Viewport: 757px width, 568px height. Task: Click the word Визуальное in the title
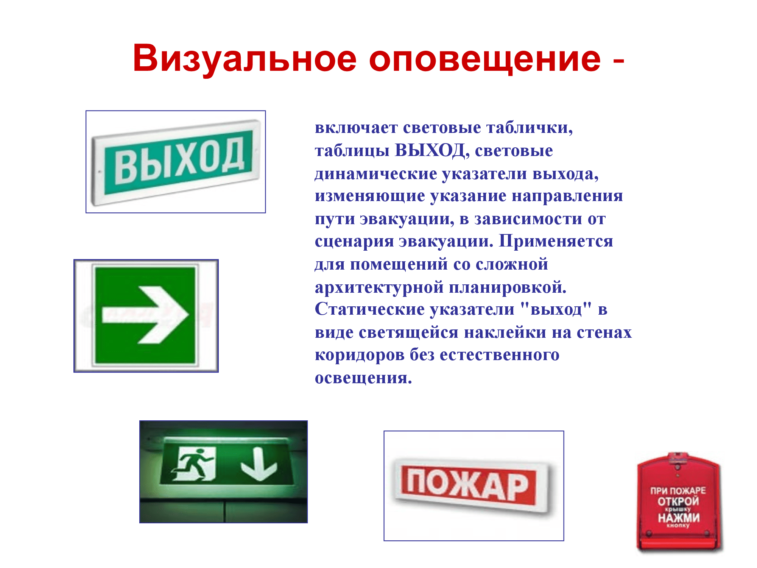point(245,59)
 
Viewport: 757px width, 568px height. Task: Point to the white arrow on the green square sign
point(146,315)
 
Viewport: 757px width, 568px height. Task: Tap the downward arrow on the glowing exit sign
point(259,464)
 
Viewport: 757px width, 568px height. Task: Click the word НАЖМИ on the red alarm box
point(679,518)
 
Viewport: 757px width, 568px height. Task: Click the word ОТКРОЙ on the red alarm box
point(678,501)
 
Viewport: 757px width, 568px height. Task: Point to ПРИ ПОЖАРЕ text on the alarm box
point(678,490)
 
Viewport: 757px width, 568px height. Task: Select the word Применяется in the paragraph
point(556,242)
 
